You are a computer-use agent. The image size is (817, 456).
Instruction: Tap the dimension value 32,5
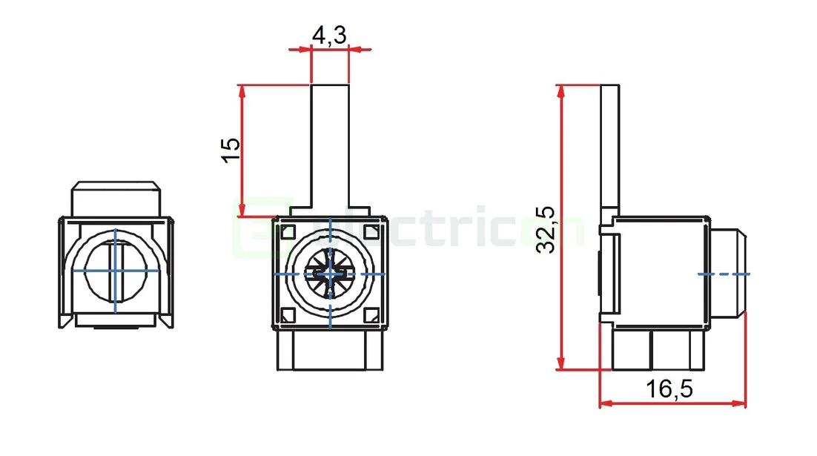[x=546, y=230]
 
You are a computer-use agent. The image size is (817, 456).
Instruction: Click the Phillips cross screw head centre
[x=330, y=274]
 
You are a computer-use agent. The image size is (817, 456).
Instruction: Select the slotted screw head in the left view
[x=116, y=271]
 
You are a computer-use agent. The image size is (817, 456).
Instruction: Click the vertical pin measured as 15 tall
[x=329, y=145]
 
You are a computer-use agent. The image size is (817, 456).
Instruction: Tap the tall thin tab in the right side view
[x=608, y=148]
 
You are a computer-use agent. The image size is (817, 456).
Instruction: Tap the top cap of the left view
[x=116, y=199]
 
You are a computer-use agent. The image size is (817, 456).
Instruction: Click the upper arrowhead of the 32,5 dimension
[x=561, y=91]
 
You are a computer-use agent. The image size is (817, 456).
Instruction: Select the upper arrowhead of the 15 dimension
[x=242, y=90]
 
